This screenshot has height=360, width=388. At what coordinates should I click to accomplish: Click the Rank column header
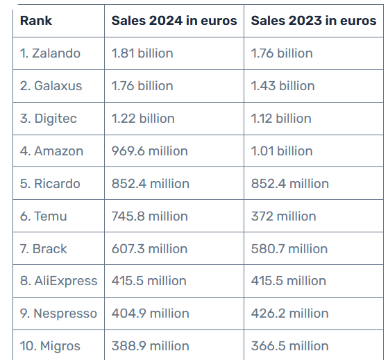(36, 21)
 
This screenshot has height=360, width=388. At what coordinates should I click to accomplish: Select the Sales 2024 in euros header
(174, 21)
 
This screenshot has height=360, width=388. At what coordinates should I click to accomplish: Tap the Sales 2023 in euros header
(314, 21)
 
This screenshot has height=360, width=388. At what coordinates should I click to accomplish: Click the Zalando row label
(50, 53)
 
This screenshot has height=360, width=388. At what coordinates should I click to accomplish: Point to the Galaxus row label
(51, 86)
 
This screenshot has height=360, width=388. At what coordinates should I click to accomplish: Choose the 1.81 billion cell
(142, 53)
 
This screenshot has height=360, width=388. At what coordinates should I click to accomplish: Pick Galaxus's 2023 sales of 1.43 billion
(282, 86)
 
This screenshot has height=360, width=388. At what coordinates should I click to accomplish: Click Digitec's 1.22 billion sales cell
(143, 119)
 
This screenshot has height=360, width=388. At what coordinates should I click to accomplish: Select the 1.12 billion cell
(281, 119)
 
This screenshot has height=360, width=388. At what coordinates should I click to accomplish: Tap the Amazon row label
(51, 151)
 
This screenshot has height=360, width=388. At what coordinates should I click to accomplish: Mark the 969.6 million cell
(150, 151)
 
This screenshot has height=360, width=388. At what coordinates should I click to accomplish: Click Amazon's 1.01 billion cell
(282, 151)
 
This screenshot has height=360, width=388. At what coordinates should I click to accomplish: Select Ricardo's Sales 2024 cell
(151, 184)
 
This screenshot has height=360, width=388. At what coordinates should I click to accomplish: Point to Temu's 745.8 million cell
(150, 216)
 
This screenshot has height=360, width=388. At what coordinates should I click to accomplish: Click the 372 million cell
(284, 216)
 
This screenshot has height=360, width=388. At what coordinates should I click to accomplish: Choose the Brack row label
(43, 249)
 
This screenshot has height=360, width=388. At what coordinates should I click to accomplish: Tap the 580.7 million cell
(289, 249)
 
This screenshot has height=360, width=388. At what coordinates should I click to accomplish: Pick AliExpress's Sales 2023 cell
(289, 281)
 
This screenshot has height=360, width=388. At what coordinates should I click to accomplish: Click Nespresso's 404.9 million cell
(151, 314)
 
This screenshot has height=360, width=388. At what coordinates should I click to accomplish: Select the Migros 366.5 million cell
(289, 346)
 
